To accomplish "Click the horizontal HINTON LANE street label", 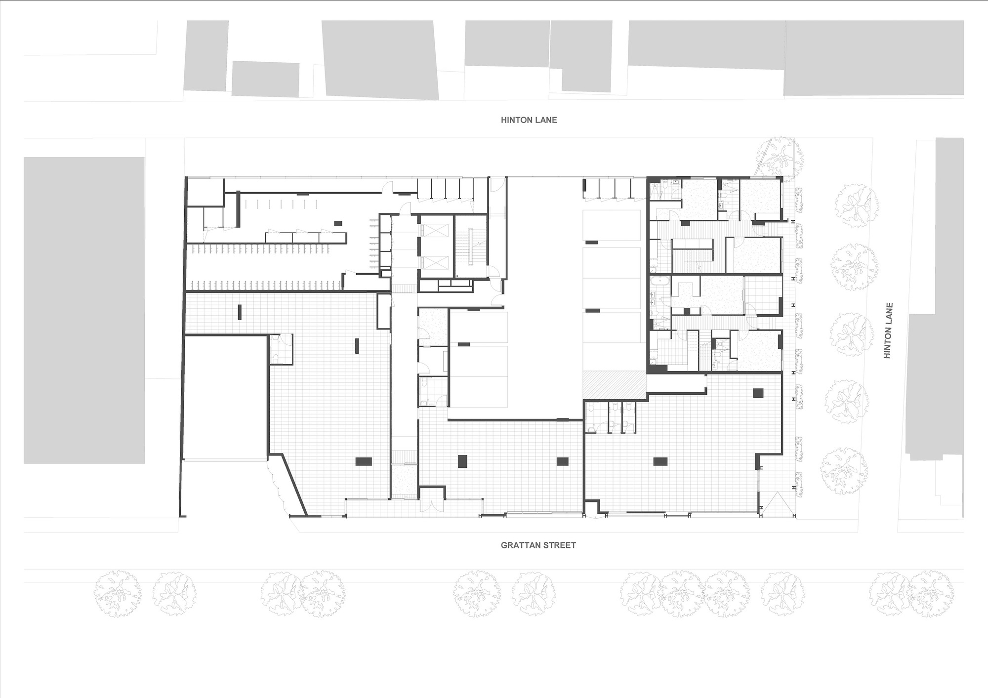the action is (529, 120).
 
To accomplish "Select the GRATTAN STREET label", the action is (538, 546).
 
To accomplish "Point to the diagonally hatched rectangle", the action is (615, 385).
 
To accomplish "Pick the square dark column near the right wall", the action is (758, 393).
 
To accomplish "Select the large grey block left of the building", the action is (84, 310).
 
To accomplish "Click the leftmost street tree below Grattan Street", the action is (118, 594).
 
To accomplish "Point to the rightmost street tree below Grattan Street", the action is (932, 594).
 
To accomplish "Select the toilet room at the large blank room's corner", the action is (281, 349).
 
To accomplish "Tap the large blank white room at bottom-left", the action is (225, 398).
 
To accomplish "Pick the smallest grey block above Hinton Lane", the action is (266, 79).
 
